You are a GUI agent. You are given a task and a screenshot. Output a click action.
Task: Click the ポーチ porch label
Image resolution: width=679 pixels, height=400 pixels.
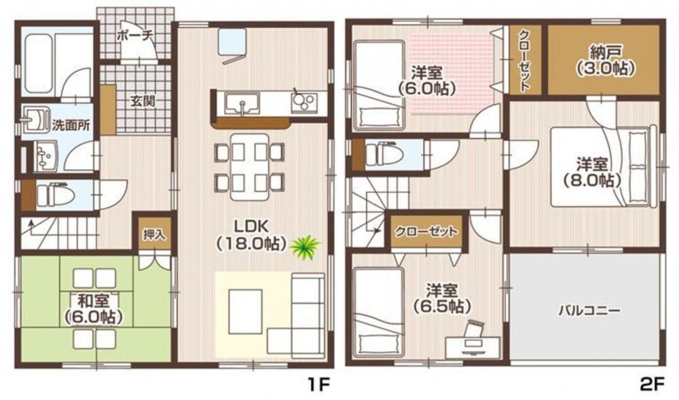point(135,35)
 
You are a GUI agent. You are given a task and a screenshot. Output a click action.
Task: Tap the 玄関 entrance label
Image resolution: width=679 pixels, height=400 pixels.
point(143,102)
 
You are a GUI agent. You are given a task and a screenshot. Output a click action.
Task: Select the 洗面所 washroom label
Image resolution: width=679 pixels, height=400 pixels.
point(71,126)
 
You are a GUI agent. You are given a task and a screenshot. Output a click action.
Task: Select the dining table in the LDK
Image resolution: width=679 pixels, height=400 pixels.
point(250,166)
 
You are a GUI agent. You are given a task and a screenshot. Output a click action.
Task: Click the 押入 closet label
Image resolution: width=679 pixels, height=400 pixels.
point(154,234)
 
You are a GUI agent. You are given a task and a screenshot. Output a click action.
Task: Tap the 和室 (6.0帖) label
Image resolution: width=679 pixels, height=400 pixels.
point(93,308)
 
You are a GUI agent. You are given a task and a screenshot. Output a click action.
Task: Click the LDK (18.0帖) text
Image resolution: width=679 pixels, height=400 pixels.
point(252,234)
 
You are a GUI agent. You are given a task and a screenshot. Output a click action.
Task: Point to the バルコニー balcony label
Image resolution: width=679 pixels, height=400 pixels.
point(589,310)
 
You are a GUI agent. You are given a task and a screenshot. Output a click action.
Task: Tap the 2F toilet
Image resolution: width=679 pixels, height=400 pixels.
point(384,155)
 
